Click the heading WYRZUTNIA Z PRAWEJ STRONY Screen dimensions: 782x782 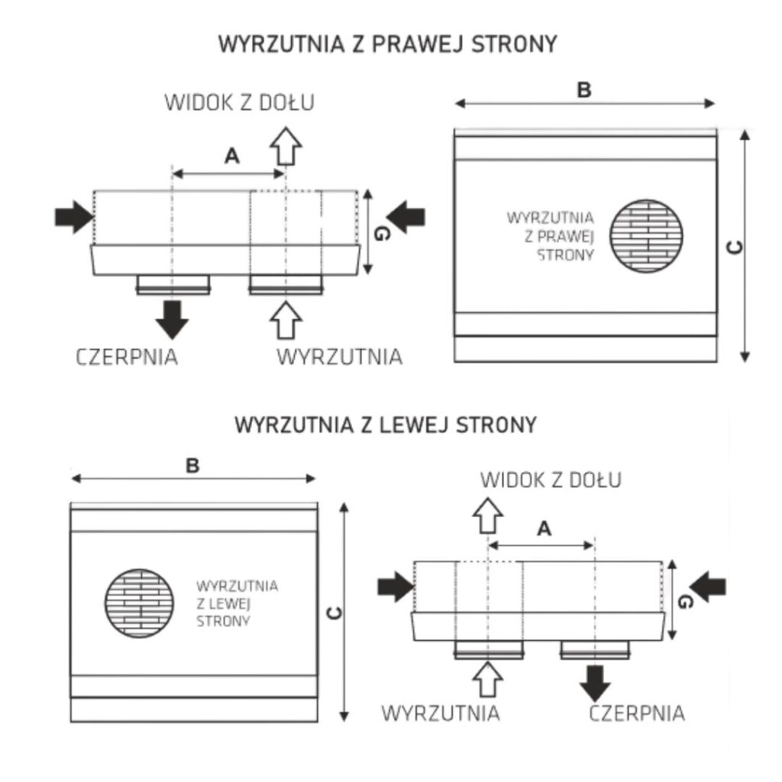point(387,44)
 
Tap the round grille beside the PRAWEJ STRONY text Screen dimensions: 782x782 point(648,237)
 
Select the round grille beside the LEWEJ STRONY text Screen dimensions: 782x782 point(138,603)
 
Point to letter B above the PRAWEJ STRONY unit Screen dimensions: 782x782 point(584,91)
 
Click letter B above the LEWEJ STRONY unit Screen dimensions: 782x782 point(192,466)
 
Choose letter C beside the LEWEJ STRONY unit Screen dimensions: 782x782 point(334,612)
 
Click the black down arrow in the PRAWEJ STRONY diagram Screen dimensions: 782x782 point(173,319)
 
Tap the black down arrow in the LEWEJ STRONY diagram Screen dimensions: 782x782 point(595,682)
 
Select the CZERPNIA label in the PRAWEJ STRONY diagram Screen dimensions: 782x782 point(128,357)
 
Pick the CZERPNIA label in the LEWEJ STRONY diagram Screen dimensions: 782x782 point(637,713)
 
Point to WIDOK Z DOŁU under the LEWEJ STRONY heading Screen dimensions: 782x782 point(551,480)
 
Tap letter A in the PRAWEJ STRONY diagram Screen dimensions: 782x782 point(232,157)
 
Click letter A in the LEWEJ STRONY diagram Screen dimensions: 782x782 point(544,528)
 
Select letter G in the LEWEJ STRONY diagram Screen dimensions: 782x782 point(685,602)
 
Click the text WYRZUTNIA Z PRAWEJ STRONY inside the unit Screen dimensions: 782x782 point(551,237)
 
